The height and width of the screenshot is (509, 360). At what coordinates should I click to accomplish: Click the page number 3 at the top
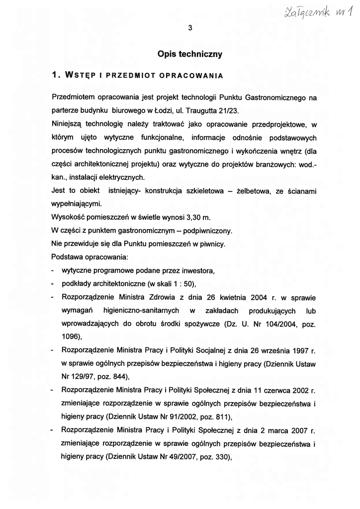pyautogui.click(x=190, y=28)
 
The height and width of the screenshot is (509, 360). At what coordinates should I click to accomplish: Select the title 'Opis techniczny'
pyautogui.click(x=189, y=53)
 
